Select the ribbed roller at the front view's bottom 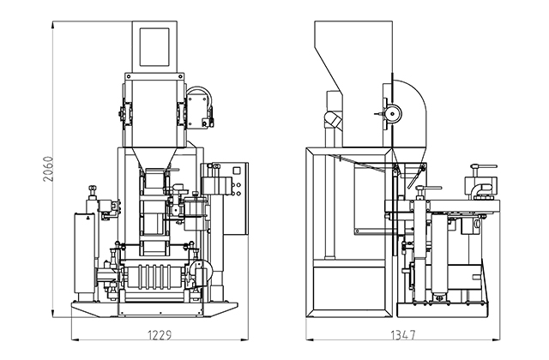(x=155, y=278)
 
